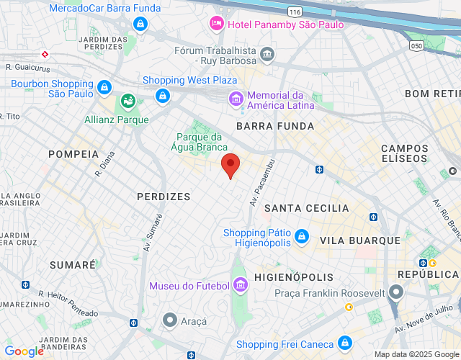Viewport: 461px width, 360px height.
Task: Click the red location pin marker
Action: [x=230, y=165]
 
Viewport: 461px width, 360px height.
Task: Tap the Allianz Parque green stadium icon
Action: [x=128, y=101]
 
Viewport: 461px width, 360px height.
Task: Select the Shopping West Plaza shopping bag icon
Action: [x=163, y=96]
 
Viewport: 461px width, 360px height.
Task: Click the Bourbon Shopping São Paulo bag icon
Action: [x=104, y=87]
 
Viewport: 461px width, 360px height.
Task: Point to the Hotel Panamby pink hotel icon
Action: [x=216, y=24]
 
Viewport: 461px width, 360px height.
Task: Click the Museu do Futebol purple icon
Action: [x=241, y=287]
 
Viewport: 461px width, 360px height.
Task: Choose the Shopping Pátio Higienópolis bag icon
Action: [x=302, y=235]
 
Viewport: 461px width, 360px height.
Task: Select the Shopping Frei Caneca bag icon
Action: [x=344, y=343]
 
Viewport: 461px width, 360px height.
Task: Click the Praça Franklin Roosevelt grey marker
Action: [x=395, y=293]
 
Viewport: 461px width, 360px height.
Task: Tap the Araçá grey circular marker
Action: [x=170, y=319]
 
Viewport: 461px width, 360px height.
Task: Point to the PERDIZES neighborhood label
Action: [x=164, y=197]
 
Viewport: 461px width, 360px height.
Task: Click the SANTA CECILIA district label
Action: [x=307, y=208]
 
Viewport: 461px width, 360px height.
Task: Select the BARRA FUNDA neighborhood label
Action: [x=275, y=126]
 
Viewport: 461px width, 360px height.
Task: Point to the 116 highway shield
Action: [x=293, y=12]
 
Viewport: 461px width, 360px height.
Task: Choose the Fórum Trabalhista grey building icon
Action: [x=267, y=53]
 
